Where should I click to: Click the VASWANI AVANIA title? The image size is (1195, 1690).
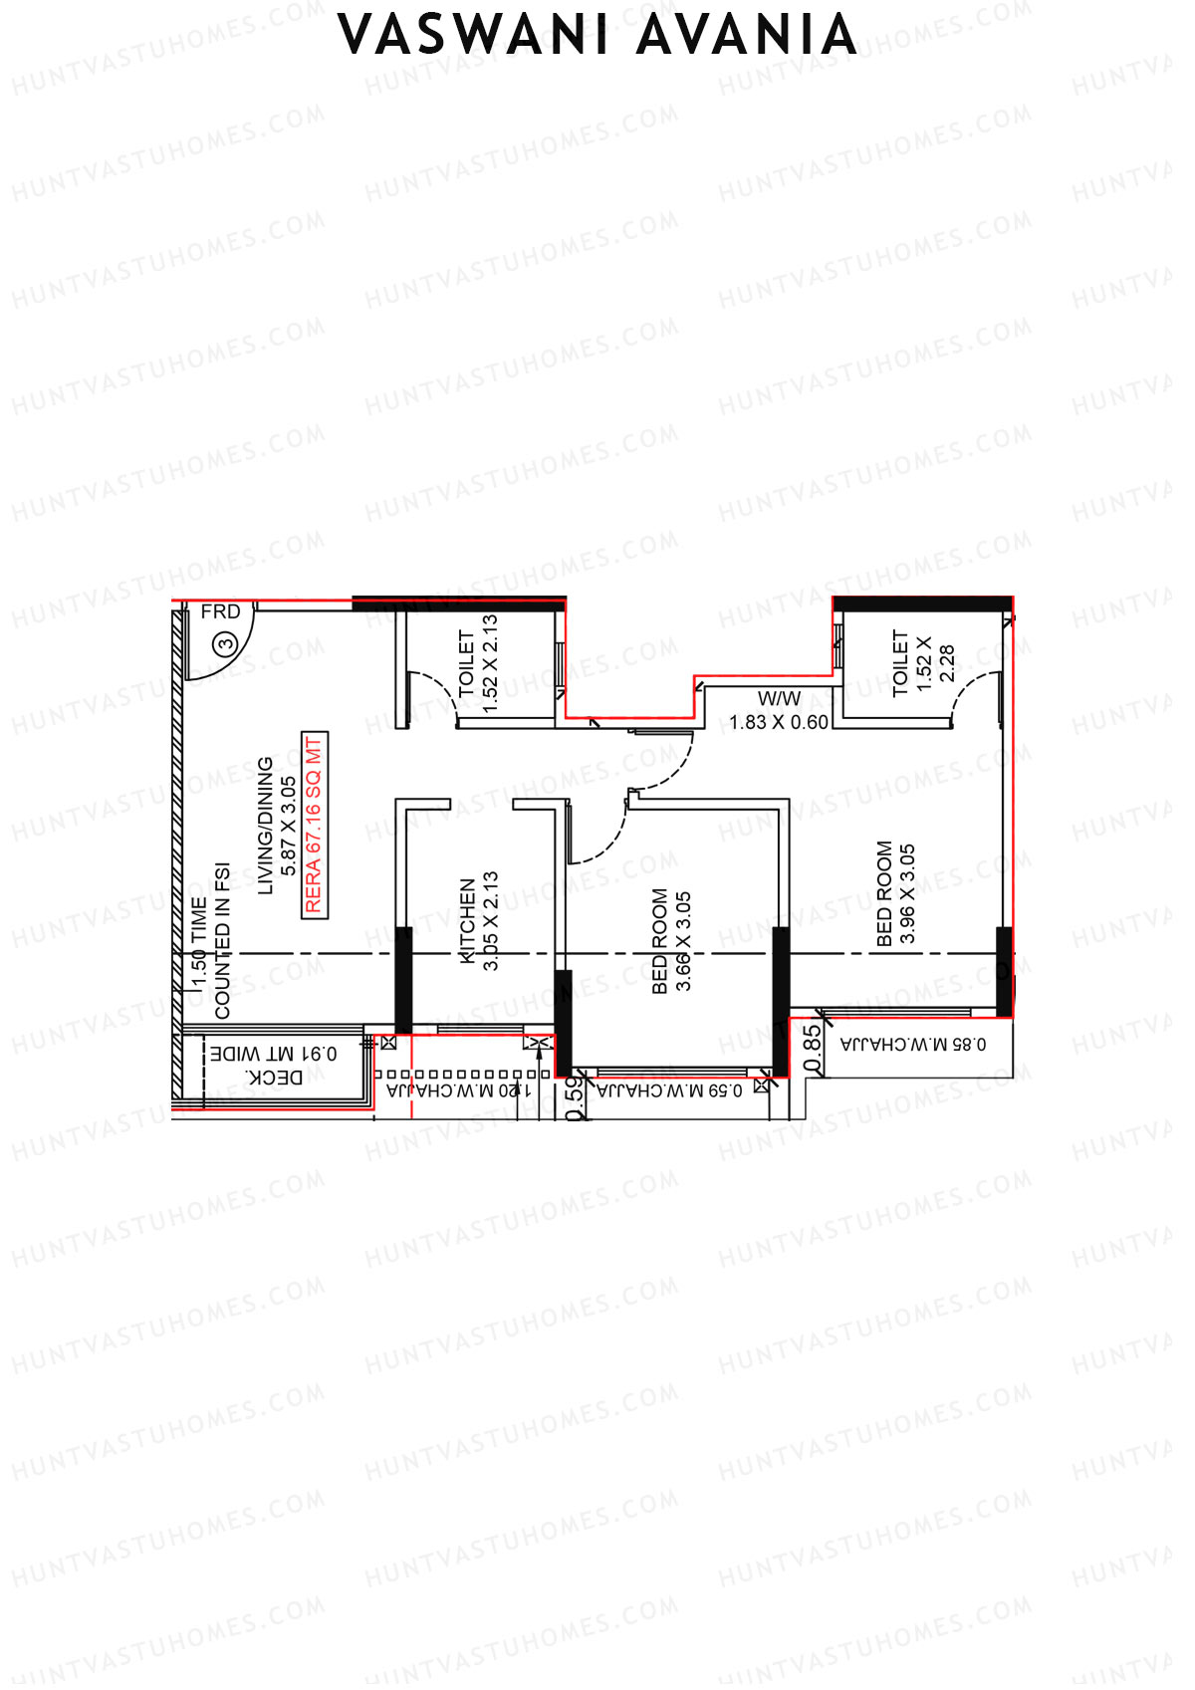(597, 36)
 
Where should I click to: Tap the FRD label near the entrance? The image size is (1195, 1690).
(220, 611)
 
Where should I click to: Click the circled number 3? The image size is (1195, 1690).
(225, 644)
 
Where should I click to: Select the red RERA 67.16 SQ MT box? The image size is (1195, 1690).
(315, 826)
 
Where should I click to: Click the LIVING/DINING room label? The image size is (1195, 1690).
(266, 826)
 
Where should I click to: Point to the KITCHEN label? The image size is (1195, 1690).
(468, 920)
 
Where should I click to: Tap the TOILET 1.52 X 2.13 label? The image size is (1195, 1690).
(478, 662)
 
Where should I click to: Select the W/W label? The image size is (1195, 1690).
(779, 698)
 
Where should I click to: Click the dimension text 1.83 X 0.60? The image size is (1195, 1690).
(779, 722)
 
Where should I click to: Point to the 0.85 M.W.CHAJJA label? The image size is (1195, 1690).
(913, 1044)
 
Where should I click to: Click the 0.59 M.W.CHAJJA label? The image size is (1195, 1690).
(669, 1090)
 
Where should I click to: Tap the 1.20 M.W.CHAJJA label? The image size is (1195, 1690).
(459, 1090)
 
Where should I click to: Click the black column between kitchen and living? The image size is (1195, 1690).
(403, 980)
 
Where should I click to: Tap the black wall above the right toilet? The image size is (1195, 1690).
(922, 604)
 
